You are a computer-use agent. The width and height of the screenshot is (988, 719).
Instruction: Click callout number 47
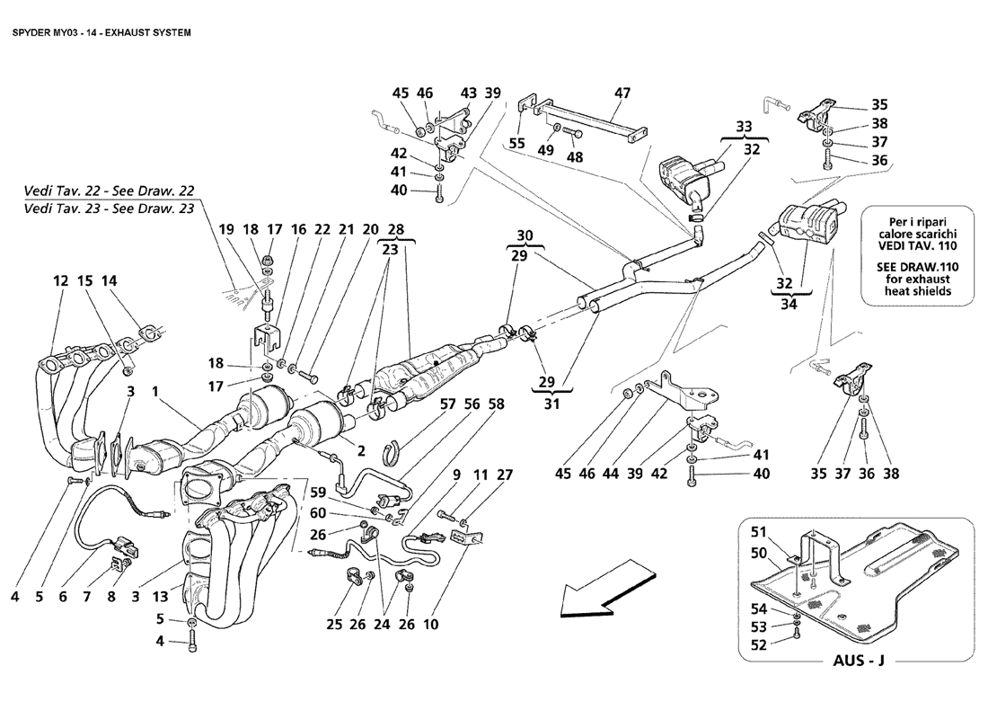coord(622,93)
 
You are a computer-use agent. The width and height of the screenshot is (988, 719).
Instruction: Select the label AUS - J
coord(859,661)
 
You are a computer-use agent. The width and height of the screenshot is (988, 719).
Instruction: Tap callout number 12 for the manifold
coord(60,280)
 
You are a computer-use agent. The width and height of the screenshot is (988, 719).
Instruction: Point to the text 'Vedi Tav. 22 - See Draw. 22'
coord(109,191)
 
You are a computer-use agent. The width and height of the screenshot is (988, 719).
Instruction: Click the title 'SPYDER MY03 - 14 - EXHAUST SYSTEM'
coord(101,32)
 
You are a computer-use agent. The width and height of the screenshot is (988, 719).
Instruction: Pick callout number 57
coord(447,404)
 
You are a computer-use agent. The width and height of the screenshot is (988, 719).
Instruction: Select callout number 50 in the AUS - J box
coord(759,553)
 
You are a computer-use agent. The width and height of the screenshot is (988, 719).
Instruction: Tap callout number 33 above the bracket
coord(745,126)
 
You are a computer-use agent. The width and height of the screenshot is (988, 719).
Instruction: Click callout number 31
coord(551,403)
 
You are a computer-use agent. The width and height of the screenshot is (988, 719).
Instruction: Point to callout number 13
coord(160,597)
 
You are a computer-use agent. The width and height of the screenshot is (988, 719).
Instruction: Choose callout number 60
coord(318,514)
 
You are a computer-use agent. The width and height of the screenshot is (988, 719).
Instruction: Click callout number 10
coord(430,625)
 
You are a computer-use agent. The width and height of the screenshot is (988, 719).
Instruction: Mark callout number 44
coord(611,473)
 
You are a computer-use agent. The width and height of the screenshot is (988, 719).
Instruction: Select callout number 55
coord(516,144)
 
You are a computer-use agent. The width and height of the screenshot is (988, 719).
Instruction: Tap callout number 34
coord(789,304)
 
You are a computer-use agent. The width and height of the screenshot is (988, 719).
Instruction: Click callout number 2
coord(361,451)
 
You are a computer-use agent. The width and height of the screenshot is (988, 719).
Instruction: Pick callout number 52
coord(759,644)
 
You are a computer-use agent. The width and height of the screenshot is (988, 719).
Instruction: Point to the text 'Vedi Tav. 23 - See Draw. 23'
coord(109,209)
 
